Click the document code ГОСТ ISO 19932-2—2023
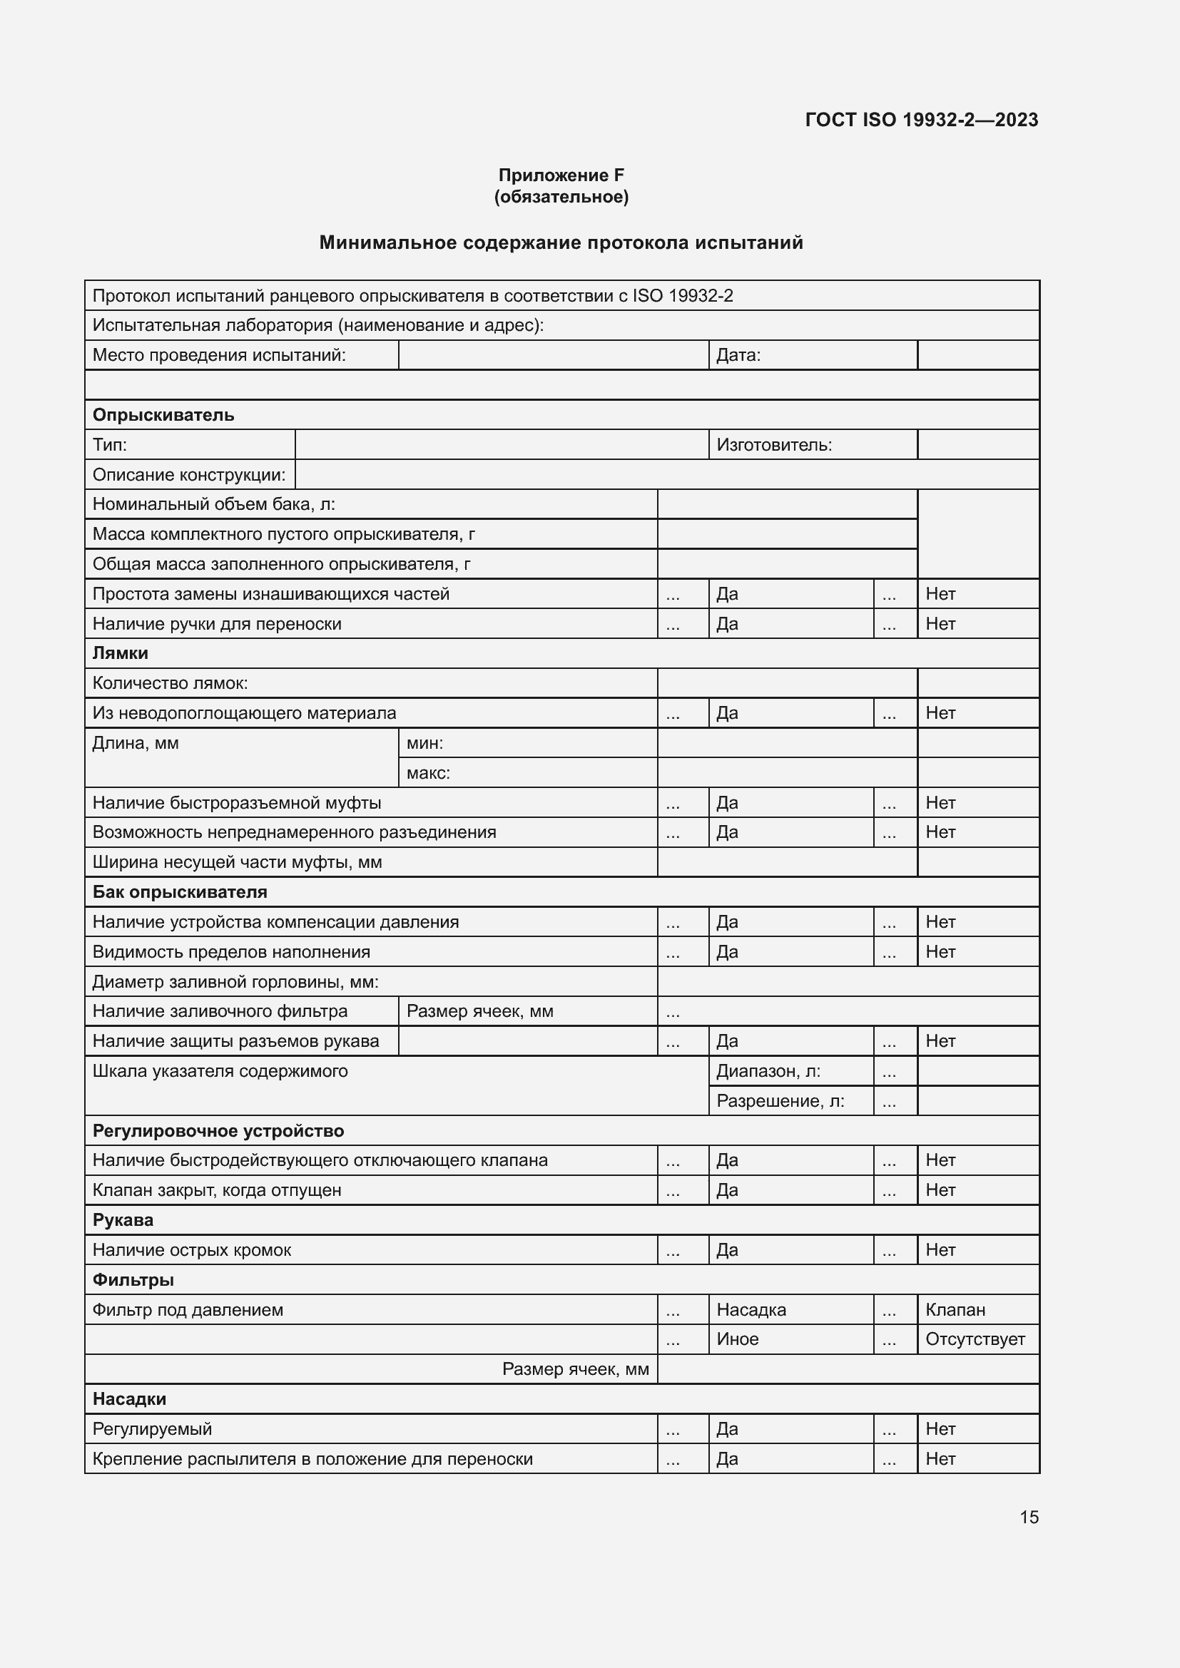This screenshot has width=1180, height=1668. pyautogui.click(x=920, y=120)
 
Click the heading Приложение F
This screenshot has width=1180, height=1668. pyautogui.click(x=561, y=175)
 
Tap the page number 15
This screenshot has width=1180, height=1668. pyautogui.click(x=1029, y=1517)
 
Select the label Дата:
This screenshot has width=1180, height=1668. pyautogui.click(x=738, y=355)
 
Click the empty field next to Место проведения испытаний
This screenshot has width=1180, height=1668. pyautogui.click(x=553, y=355)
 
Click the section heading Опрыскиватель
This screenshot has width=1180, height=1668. pyautogui.click(x=163, y=415)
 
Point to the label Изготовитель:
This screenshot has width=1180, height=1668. pyautogui.click(x=774, y=444)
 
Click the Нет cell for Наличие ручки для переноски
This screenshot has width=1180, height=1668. pyautogui.click(x=940, y=623)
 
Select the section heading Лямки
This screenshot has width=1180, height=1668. pyautogui.click(x=121, y=653)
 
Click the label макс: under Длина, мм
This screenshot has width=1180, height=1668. pyautogui.click(x=428, y=773)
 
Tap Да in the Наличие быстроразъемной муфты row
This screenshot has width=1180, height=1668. pyautogui.click(x=727, y=803)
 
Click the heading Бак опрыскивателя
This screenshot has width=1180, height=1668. pyautogui.click(x=180, y=892)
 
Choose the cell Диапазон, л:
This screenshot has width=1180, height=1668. pyautogui.click(x=768, y=1071)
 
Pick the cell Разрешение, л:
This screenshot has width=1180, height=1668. pyautogui.click(x=780, y=1100)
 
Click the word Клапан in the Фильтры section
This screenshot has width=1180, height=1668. pyautogui.click(x=955, y=1310)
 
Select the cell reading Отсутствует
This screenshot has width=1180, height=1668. pyautogui.click(x=975, y=1339)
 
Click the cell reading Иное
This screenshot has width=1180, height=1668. pyautogui.click(x=738, y=1339)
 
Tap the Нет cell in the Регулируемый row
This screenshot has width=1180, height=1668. pyautogui.click(x=940, y=1429)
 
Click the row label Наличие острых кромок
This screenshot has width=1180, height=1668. pyautogui.click(x=192, y=1249)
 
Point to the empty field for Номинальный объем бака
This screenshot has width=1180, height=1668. pyautogui.click(x=786, y=504)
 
